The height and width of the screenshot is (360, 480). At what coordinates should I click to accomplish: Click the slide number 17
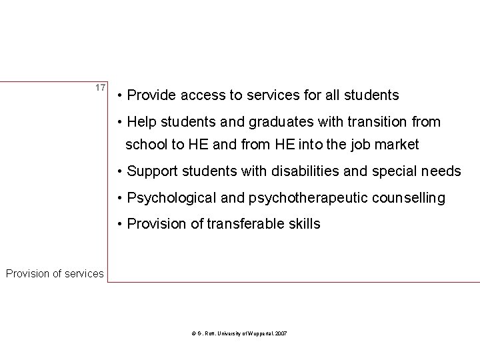[x=100, y=88]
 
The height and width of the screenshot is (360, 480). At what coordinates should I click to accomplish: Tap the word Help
[x=141, y=122]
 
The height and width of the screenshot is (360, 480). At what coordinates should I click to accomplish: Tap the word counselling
[x=404, y=198]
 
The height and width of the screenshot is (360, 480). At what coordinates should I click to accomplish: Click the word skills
[x=303, y=224]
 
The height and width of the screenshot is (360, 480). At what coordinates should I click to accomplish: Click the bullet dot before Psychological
[x=119, y=199]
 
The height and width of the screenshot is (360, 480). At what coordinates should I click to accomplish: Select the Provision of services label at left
[x=55, y=273]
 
